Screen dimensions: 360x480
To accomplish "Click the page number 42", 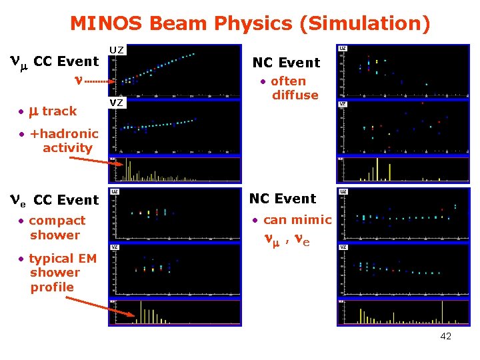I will (x=445, y=336).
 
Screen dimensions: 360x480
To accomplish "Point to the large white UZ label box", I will (x=117, y=50).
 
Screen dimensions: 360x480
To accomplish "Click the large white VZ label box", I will (x=117, y=102).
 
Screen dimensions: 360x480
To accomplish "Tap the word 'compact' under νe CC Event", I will (x=57, y=220).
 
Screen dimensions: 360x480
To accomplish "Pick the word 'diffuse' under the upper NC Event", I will (x=295, y=95).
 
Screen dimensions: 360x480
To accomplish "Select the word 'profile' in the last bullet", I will (x=52, y=287).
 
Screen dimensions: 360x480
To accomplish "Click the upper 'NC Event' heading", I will (x=286, y=63).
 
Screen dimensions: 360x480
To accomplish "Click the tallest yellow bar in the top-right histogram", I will (x=377, y=169).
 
